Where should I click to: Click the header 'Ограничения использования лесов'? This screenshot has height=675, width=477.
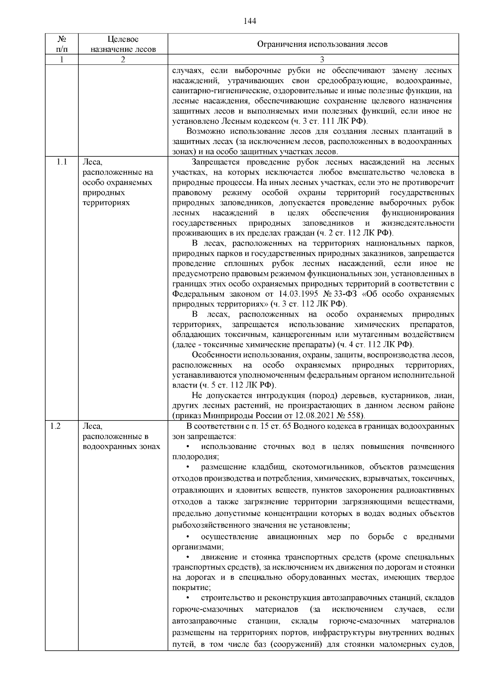pos(322,44)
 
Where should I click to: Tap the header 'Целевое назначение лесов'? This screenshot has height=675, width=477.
pos(123,44)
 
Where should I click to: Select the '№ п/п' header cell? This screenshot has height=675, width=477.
pos(62,44)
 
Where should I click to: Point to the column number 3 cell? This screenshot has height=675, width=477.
pos(322,60)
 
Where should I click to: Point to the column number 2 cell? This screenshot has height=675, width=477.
pos(123,60)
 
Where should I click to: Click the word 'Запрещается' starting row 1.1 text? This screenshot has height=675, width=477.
pos(215,162)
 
